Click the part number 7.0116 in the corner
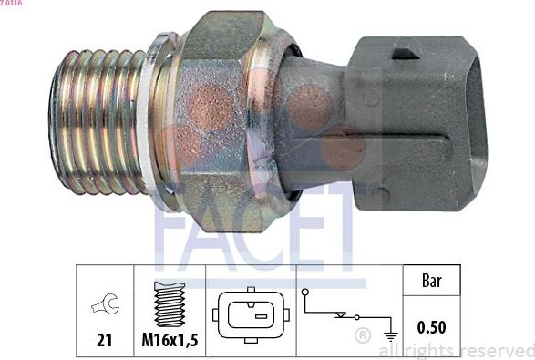coord(12,4)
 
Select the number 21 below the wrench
coord(105,340)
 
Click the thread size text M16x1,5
coord(170,340)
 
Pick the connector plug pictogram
coord(251,315)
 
